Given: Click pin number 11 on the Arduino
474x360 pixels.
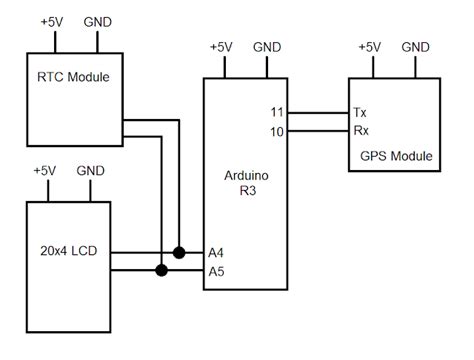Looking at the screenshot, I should (x=277, y=112).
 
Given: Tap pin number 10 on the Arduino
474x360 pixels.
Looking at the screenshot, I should (x=277, y=131).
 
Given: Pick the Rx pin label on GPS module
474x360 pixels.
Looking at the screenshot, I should (x=359, y=131).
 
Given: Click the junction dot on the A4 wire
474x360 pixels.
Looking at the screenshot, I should (x=179, y=253).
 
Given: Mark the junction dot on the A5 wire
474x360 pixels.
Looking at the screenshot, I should (x=160, y=271).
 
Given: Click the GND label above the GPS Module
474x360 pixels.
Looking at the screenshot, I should (x=415, y=46).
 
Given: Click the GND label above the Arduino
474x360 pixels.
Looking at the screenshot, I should (x=267, y=46).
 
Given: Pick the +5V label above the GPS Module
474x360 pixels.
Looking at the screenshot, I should (x=370, y=46).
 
